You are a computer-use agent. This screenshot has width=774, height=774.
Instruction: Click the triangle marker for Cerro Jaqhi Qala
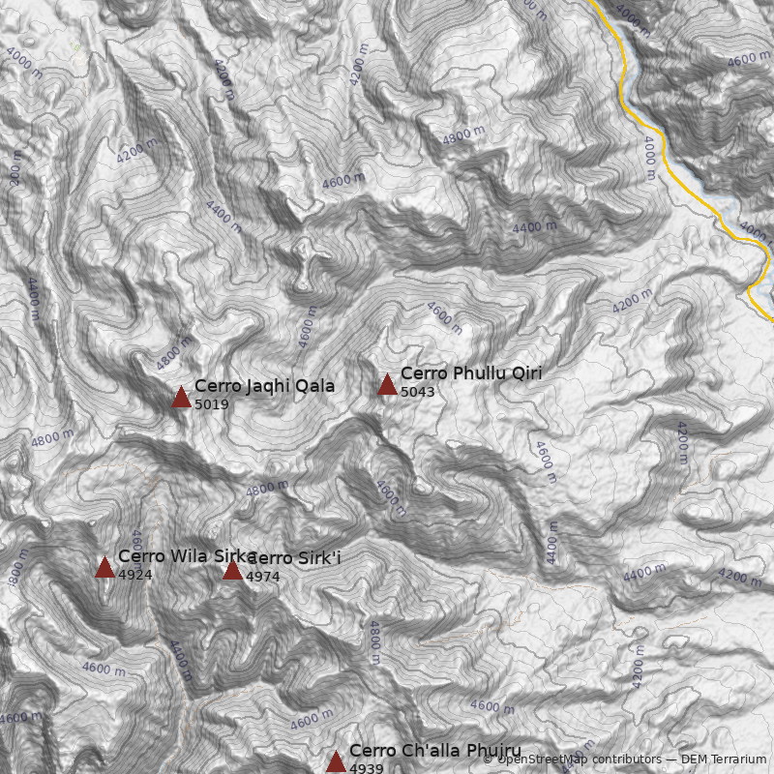pos(181,397)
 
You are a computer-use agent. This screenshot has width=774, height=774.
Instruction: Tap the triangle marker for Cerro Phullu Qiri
pos(387,384)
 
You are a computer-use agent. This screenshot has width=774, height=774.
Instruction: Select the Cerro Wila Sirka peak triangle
pos(104,567)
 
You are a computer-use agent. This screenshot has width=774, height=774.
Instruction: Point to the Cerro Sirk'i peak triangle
pos(232,570)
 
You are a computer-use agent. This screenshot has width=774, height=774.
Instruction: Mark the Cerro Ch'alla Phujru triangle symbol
pos(336,762)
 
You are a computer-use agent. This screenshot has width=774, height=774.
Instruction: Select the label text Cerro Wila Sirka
pos(186,555)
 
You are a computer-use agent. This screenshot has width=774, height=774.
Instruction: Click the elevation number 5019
pos(211,404)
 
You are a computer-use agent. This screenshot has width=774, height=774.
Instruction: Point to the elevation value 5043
pos(417,392)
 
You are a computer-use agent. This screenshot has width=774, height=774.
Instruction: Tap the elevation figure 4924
pos(134,575)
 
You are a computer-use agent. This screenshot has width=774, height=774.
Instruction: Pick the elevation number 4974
pos(262,577)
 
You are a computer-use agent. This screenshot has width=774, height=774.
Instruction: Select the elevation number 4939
pos(366,768)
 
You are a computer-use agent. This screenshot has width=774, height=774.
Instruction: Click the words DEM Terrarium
pos(724,760)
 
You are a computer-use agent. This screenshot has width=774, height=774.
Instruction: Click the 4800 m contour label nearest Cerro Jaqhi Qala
pos(174,352)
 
